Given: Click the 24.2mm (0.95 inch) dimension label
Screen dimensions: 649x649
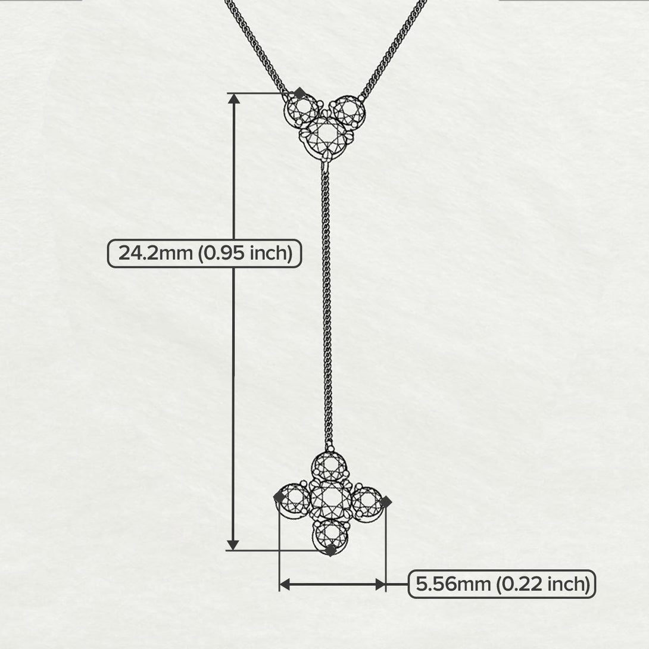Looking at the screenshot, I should (204, 253).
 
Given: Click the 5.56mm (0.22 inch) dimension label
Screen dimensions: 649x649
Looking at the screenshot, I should (502, 584).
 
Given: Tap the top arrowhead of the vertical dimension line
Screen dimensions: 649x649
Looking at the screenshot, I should (233, 99).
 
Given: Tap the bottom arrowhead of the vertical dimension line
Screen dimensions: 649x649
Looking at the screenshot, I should (233, 544).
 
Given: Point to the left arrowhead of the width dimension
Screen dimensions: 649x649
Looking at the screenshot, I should (285, 584).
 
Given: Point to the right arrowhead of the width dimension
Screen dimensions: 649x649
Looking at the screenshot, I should (379, 584).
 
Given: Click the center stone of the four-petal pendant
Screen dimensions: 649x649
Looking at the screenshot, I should (330, 499).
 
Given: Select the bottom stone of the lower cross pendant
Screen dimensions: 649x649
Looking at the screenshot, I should (330, 533).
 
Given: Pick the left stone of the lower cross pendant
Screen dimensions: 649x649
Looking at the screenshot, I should (295, 501).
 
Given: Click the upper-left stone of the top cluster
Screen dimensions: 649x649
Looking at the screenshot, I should (303, 110).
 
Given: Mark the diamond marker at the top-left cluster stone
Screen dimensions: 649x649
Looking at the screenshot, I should (299, 93).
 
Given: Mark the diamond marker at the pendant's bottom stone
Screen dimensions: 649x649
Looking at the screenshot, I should (331, 550).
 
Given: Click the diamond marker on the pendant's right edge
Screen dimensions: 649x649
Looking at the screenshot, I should (385, 502).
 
